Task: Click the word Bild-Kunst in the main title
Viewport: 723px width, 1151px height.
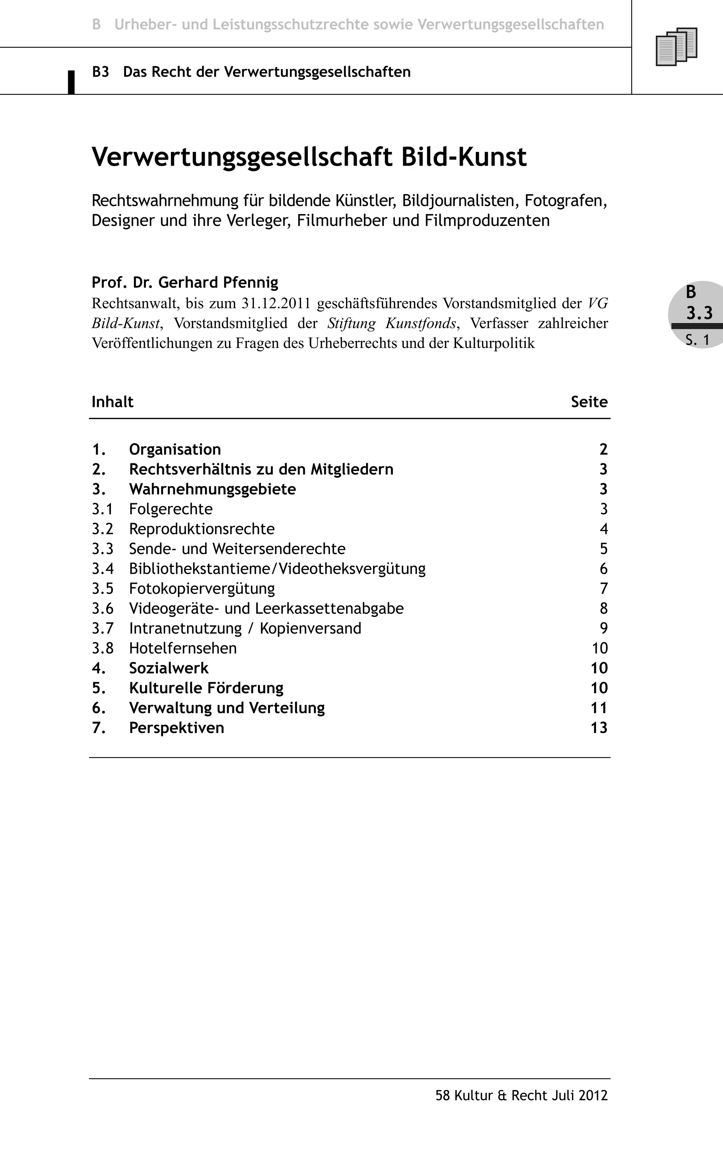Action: point(464,157)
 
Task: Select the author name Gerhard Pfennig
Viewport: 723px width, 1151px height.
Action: point(219,283)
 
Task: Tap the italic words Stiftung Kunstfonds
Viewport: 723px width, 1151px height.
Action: point(392,324)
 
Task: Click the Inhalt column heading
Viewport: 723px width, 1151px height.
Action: point(112,402)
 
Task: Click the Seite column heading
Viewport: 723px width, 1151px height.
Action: point(589,402)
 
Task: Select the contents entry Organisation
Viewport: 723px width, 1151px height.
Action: point(175,449)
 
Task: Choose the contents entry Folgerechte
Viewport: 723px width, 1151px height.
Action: point(171,509)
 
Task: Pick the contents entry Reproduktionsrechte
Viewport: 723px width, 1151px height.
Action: point(202,529)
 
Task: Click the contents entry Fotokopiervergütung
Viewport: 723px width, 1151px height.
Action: point(202,589)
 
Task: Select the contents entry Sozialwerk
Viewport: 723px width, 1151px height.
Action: point(169,668)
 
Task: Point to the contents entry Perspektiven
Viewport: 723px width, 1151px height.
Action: point(176,728)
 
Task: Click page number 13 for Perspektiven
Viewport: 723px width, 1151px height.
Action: point(599,728)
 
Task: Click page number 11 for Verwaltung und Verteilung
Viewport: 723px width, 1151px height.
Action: point(599,708)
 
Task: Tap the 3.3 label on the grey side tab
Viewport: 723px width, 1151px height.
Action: point(699,313)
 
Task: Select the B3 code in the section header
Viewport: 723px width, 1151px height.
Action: point(100,72)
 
